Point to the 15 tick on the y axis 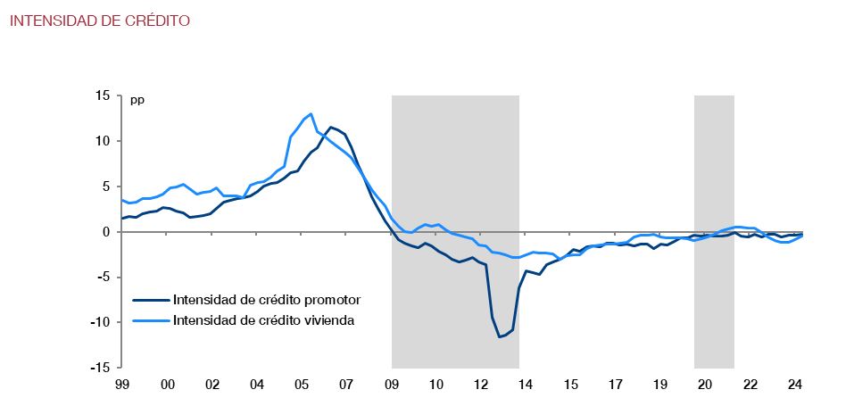point(103,96)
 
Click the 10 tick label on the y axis point(103,141)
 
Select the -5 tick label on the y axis point(103,277)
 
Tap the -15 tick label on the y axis point(100,367)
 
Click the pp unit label point(137,99)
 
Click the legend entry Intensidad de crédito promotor point(266,300)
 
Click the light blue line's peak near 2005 point(311,114)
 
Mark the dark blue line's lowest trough point(500,336)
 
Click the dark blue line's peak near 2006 point(331,127)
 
